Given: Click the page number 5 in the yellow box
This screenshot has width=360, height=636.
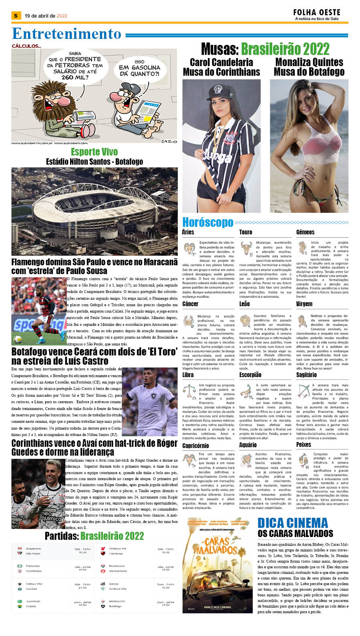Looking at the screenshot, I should click(x=16, y=16).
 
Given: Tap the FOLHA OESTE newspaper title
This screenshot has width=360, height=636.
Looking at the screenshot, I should click(x=316, y=13).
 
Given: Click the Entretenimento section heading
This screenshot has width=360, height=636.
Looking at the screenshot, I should click(x=66, y=34).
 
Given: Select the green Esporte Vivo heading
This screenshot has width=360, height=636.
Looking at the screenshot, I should click(x=94, y=152).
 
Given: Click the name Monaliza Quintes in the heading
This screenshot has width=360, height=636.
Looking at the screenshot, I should click(x=309, y=62).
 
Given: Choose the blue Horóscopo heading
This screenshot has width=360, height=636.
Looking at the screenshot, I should click(x=207, y=222).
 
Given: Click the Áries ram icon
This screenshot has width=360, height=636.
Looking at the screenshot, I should click(x=189, y=248).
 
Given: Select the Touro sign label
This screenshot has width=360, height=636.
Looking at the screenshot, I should click(x=245, y=232).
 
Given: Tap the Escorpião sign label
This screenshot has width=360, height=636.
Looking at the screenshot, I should click(x=250, y=375).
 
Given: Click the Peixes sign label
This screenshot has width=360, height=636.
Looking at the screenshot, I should click(x=303, y=444).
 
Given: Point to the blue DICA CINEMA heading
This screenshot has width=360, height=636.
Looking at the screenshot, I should click(x=292, y=523).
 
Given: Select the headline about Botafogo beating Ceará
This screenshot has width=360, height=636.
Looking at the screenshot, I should click(x=94, y=356).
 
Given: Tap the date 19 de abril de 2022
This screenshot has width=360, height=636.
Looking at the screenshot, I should click(x=46, y=16).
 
